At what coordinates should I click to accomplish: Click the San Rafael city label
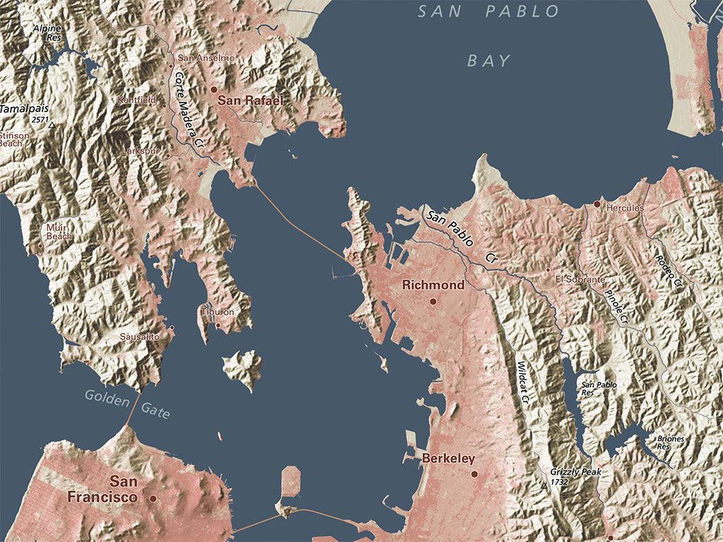[250, 101]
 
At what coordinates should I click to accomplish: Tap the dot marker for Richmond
[433, 301]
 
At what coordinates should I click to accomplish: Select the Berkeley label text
[448, 459]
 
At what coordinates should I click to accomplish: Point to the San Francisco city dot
[153, 498]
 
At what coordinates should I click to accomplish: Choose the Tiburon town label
[217, 311]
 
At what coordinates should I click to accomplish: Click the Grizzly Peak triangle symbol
[543, 486]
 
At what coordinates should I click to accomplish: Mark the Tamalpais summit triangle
[52, 125]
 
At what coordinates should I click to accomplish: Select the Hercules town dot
[597, 204]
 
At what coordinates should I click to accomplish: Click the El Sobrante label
[580, 279]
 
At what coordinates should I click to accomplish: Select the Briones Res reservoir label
[670, 442]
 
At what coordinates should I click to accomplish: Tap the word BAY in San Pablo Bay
[489, 61]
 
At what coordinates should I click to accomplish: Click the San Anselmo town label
[205, 58]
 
